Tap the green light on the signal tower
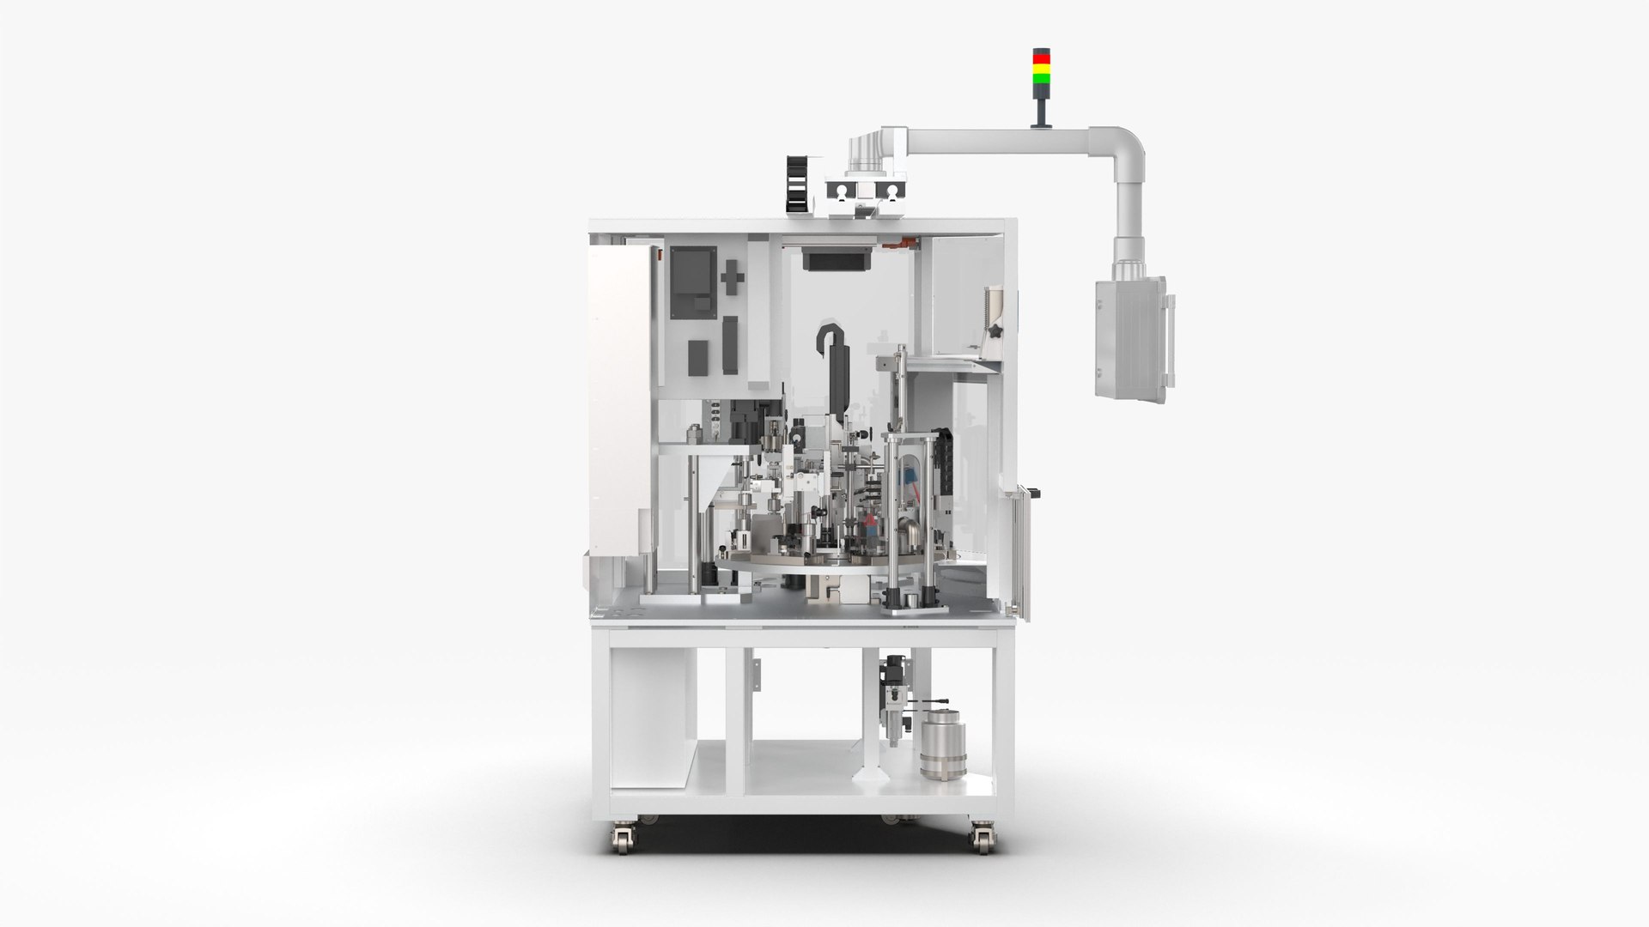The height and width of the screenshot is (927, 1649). [x=1040, y=77]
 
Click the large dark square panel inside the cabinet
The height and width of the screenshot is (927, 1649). [x=693, y=283]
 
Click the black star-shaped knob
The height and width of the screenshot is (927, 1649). [x=996, y=330]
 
